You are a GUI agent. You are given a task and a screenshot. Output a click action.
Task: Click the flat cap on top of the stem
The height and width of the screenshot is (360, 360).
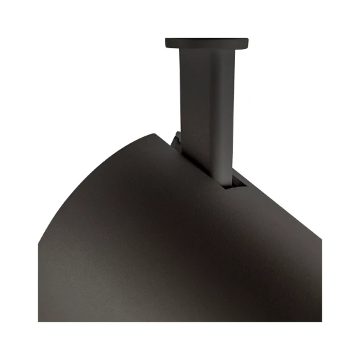pos(207,43)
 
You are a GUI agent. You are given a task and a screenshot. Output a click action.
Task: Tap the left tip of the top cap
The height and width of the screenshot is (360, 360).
pos(166,43)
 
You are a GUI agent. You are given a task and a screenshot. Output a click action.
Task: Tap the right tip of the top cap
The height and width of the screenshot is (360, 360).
pos(248,43)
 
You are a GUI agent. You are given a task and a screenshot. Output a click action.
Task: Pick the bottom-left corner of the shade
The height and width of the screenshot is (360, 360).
pos(38,321)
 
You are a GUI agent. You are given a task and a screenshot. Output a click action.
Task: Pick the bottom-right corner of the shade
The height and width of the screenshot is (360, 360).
pos(321,321)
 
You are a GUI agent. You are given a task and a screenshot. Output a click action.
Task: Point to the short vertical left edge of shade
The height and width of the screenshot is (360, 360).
pos(38,280)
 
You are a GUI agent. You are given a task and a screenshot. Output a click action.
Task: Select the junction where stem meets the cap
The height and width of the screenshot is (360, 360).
pos(207,50)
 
